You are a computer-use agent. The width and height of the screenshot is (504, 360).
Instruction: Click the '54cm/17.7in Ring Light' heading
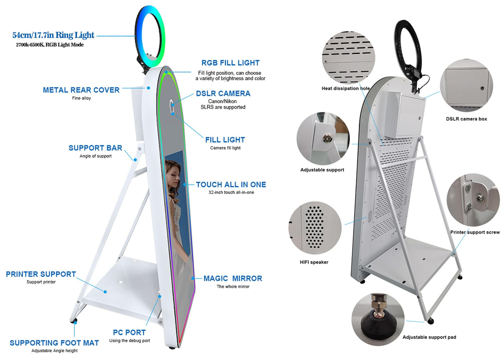click(x=53, y=35)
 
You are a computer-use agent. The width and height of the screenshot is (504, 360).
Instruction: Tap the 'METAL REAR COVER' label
click(x=81, y=90)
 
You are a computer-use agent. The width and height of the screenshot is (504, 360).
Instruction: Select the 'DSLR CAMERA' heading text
click(x=223, y=93)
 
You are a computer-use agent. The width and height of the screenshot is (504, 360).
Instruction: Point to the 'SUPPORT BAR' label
click(x=96, y=148)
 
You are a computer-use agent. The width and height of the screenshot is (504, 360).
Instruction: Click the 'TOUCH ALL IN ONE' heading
click(x=231, y=185)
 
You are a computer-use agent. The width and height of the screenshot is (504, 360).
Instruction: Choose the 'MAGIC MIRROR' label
click(x=233, y=278)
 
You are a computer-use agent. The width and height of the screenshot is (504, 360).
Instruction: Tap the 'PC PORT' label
click(x=129, y=332)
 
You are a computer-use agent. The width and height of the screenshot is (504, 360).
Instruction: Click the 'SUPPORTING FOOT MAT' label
click(x=54, y=343)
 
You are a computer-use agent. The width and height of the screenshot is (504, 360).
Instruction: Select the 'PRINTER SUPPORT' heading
click(x=41, y=274)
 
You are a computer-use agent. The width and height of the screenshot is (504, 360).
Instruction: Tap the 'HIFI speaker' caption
click(x=314, y=262)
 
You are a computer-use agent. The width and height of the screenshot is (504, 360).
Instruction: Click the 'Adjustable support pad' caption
click(x=429, y=337)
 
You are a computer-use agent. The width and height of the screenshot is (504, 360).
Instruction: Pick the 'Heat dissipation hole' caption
click(x=346, y=89)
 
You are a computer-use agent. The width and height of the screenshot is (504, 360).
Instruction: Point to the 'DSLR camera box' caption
click(x=466, y=119)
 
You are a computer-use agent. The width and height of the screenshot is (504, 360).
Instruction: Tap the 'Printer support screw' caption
click(x=475, y=232)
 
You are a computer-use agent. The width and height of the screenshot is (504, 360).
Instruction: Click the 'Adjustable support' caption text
click(x=322, y=170)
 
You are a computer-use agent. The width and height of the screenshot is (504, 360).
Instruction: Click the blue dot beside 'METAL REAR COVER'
click(x=149, y=88)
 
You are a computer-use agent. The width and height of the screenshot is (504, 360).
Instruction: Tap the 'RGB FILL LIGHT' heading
click(x=231, y=63)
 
